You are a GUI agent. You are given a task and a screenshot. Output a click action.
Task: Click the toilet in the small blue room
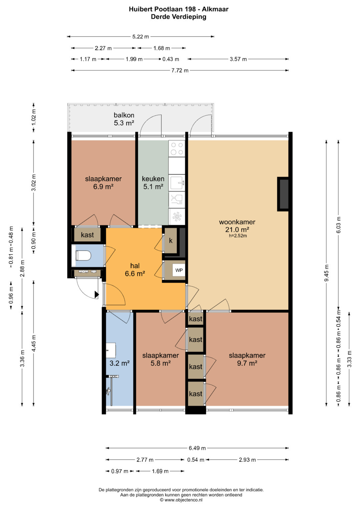tap(83, 256)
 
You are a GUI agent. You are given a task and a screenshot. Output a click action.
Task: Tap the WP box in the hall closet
tap(179, 270)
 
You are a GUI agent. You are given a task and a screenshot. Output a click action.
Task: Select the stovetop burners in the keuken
tap(177, 148)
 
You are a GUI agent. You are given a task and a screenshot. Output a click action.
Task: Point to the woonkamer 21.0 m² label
tap(237, 226)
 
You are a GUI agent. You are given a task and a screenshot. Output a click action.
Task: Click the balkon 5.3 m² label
tap(124, 119)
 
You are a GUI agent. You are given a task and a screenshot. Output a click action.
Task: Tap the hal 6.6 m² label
tap(135, 269)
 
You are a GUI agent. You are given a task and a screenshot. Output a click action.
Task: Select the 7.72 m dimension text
tap(180, 70)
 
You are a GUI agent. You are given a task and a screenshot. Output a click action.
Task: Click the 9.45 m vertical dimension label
tap(326, 273)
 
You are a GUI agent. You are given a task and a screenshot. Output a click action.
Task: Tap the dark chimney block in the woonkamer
tap(283, 194)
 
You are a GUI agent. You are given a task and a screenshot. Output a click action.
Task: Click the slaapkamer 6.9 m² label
tap(103, 183)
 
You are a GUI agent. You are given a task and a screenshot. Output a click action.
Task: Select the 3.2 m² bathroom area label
tap(120, 363)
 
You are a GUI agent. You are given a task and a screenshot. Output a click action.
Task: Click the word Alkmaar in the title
tap(215, 9)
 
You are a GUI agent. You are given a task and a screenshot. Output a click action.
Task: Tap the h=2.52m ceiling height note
tap(238, 236)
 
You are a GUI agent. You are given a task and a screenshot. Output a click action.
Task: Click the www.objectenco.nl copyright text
tap(181, 500)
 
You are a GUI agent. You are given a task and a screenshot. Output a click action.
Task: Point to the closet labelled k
tap(170, 241)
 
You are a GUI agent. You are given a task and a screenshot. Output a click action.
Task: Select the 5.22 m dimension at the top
tap(140, 37)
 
